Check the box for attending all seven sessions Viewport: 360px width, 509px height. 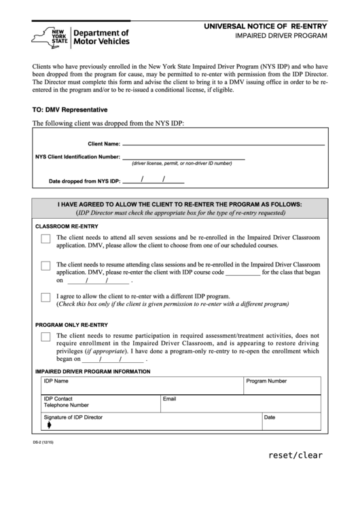[46, 239]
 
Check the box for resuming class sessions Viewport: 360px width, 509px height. [46, 266]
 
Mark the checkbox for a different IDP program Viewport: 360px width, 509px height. [46, 297]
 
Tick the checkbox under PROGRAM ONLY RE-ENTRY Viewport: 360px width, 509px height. [46, 336]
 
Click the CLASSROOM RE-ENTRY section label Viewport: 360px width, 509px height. [67, 226]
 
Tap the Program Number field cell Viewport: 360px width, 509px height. [282, 385]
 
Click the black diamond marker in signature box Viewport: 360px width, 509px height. [49, 425]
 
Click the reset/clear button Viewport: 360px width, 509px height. [295, 455]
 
